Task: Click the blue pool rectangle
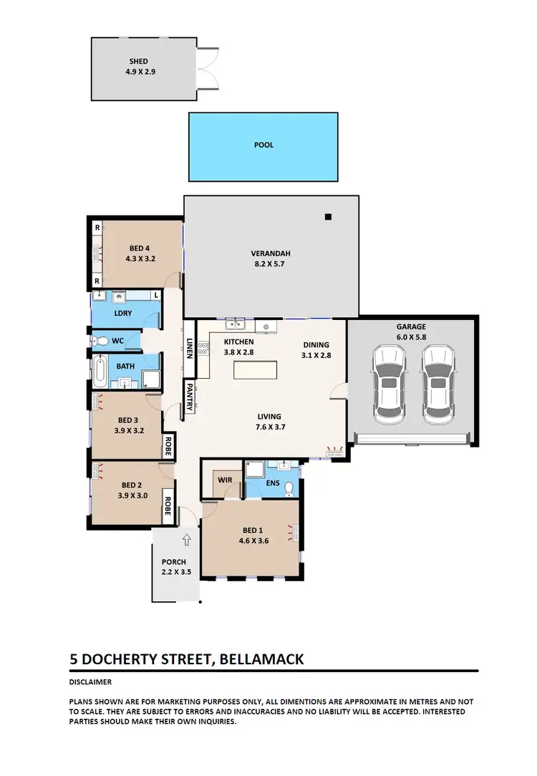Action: click(263, 146)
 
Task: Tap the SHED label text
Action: click(139, 62)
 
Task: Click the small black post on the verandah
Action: click(328, 217)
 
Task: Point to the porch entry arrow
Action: click(187, 539)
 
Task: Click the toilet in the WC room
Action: click(100, 341)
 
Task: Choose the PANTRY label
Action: click(190, 397)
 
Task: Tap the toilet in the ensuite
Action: click(289, 489)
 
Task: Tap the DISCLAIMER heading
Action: click(90, 682)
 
